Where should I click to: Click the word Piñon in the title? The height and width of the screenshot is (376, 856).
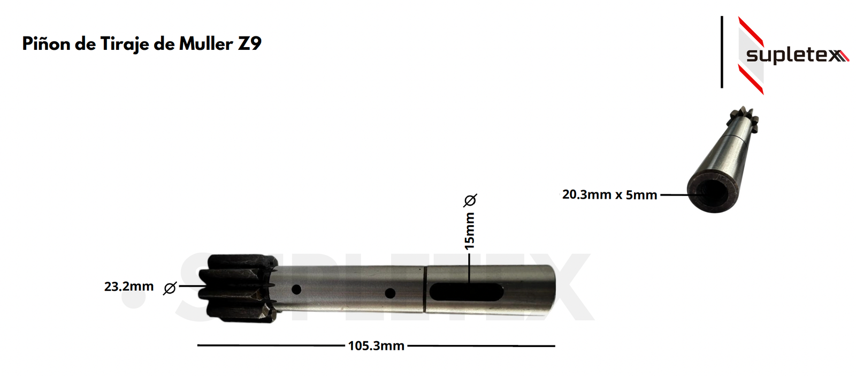pyautogui.click(x=46, y=43)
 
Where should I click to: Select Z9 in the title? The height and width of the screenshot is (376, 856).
pyautogui.click(x=249, y=43)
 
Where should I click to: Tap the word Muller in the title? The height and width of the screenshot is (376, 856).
pyautogui.click(x=206, y=43)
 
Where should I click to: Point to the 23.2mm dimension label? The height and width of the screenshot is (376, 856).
pyautogui.click(x=129, y=287)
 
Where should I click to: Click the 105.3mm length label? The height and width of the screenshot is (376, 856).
pyautogui.click(x=376, y=346)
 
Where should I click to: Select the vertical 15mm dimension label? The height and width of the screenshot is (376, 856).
pyautogui.click(x=469, y=231)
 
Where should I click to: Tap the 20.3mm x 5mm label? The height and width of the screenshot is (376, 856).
pyautogui.click(x=609, y=194)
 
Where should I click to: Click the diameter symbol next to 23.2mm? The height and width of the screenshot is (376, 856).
pyautogui.click(x=170, y=288)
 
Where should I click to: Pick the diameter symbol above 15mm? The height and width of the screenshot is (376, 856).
pyautogui.click(x=470, y=200)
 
